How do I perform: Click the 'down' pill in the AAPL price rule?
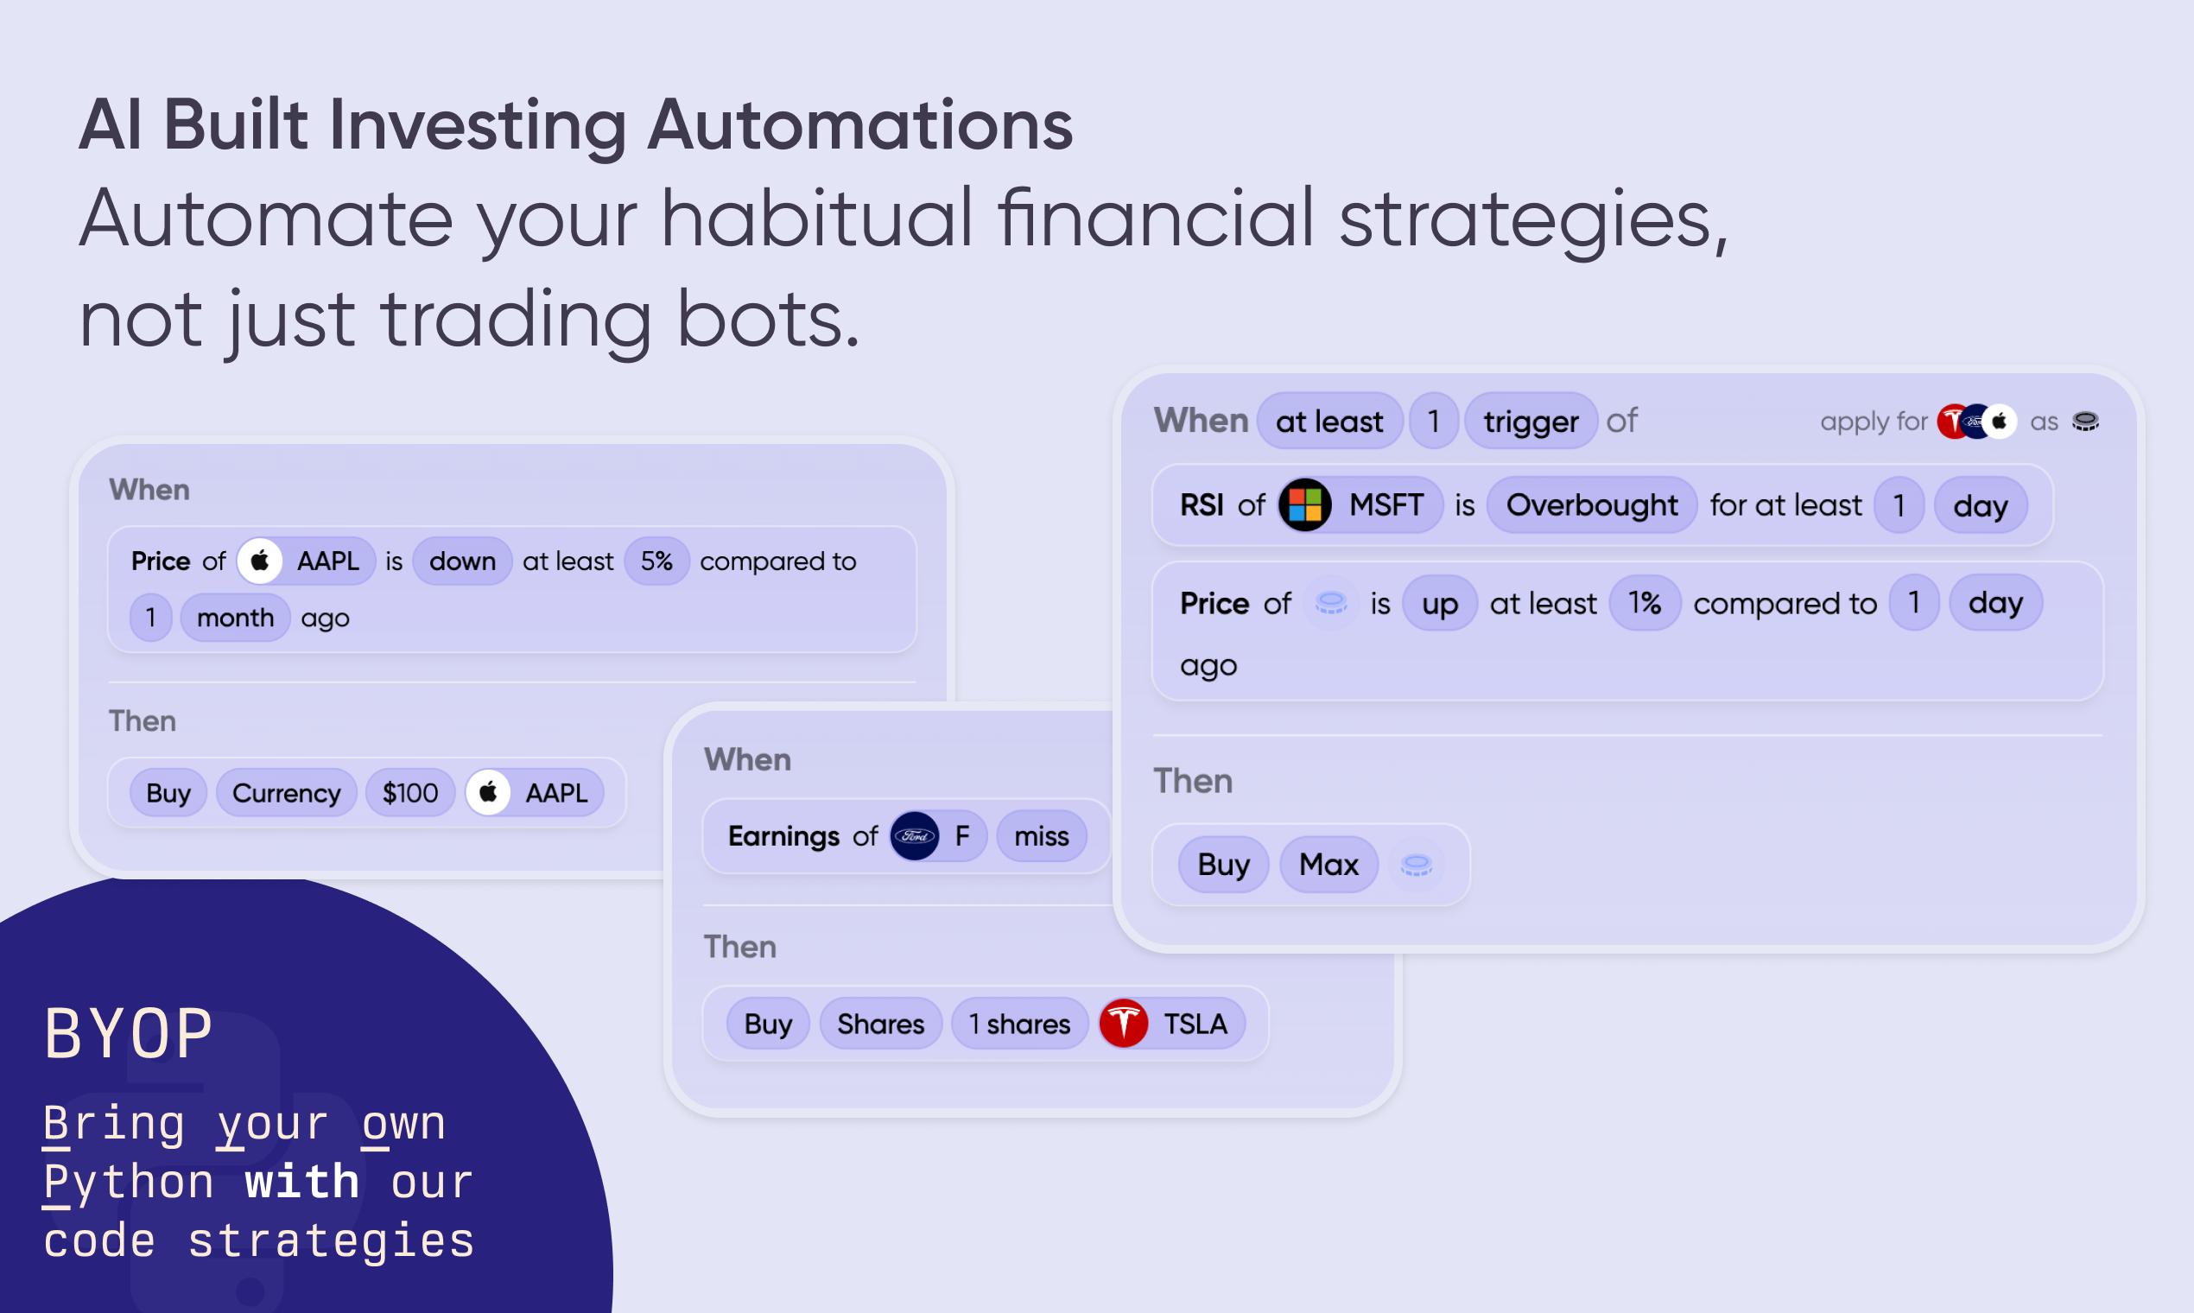point(462,561)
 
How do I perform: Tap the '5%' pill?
point(656,561)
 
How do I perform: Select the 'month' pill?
point(235,618)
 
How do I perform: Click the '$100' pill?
point(410,793)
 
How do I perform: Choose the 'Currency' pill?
point(287,793)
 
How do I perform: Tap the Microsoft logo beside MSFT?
point(1305,505)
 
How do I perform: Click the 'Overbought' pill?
point(1592,505)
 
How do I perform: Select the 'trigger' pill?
point(1531,422)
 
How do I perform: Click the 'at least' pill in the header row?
point(1328,422)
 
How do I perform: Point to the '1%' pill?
point(1645,603)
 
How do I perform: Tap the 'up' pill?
point(1439,603)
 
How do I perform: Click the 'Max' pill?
point(1328,865)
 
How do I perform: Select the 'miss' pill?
point(1041,836)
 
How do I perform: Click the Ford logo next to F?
point(915,836)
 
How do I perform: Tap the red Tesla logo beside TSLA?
point(1124,1024)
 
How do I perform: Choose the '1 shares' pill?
point(1019,1024)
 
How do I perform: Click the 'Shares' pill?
point(880,1024)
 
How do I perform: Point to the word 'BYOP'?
point(130,1033)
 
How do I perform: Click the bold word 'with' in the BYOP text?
point(301,1182)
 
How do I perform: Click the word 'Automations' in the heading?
point(860,124)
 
